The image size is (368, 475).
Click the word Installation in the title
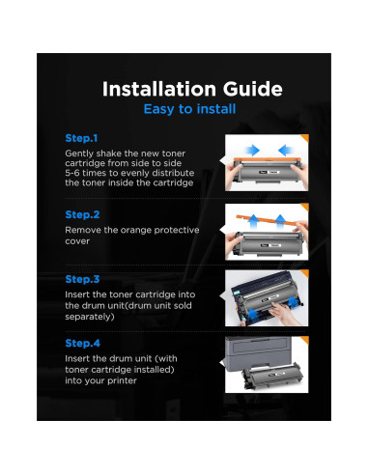click(x=159, y=89)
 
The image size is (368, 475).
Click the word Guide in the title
click(x=253, y=89)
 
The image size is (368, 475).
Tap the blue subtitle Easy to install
click(x=189, y=109)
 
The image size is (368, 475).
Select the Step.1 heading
click(x=81, y=138)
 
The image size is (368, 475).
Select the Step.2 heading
click(x=82, y=214)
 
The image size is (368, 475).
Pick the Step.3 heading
click(x=82, y=279)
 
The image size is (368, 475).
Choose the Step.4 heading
click(x=83, y=343)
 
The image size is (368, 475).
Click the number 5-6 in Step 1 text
click(x=72, y=173)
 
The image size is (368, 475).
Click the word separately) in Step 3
click(x=90, y=317)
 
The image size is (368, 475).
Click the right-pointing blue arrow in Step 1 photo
click(x=252, y=150)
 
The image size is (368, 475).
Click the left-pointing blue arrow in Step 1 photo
click(x=286, y=150)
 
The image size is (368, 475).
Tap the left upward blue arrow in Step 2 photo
click(x=254, y=222)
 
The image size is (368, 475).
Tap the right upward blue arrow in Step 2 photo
click(x=280, y=221)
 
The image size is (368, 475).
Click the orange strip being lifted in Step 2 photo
click(x=269, y=221)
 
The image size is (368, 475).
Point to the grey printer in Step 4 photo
click(x=259, y=355)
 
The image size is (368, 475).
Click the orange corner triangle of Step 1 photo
click(x=305, y=138)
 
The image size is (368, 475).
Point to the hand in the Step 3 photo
click(x=283, y=314)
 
